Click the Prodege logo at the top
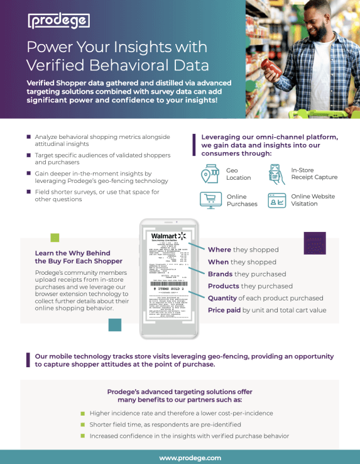pyautogui.click(x=58, y=21)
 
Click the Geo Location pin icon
pyautogui.click(x=209, y=174)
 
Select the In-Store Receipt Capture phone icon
pyautogui.click(x=277, y=174)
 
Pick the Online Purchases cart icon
pyautogui.click(x=209, y=200)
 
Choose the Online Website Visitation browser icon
pyautogui.click(x=277, y=200)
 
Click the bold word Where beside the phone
pyautogui.click(x=219, y=250)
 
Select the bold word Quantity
pyautogui.click(x=224, y=298)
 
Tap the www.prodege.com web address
pyautogui.click(x=190, y=457)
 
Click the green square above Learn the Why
pyautogui.click(x=55, y=238)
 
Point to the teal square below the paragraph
pyautogui.click(x=114, y=324)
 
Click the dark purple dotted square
pyautogui.click(x=314, y=242)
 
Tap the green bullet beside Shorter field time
pyautogui.click(x=82, y=424)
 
